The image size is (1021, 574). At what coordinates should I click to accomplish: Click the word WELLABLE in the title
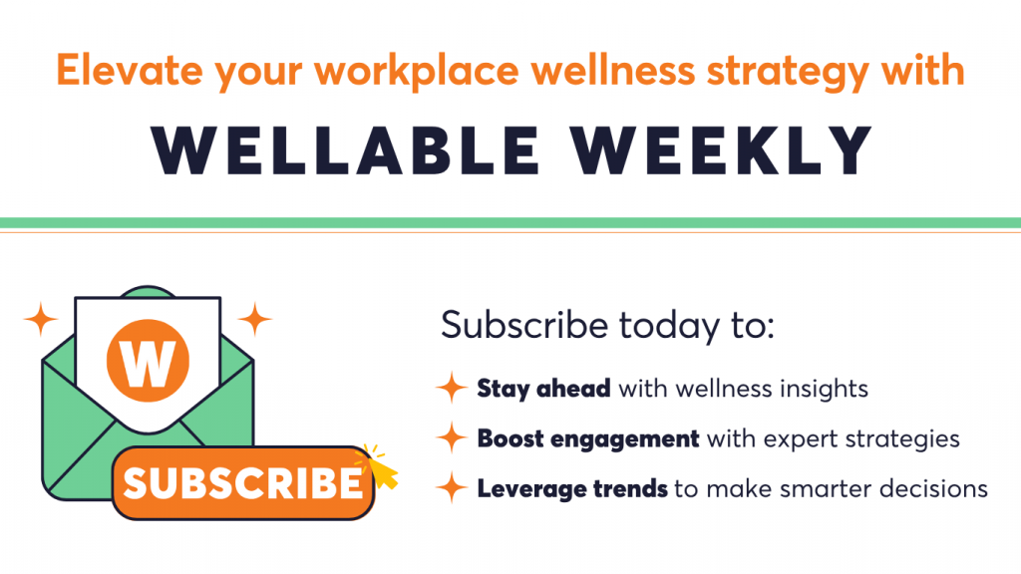(345, 150)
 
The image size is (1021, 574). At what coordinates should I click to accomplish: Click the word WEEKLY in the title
(722, 150)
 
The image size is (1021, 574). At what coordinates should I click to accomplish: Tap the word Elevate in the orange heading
(129, 71)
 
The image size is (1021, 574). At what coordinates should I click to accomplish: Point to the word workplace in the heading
(418, 72)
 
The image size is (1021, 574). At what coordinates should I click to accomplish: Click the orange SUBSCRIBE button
(243, 482)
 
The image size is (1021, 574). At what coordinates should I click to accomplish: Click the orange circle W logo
(148, 360)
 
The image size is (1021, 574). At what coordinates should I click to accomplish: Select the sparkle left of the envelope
(41, 319)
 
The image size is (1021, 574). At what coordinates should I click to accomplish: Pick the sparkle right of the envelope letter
(254, 319)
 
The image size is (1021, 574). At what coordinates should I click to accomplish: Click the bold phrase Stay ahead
(543, 390)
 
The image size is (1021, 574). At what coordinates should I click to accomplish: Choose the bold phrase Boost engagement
(588, 439)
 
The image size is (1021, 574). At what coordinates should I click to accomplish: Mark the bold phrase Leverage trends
(572, 488)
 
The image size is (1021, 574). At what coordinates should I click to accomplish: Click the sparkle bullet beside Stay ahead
(452, 388)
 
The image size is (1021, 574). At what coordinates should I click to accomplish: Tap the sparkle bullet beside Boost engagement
(452, 436)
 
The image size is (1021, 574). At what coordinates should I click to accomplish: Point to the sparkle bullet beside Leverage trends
(452, 486)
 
